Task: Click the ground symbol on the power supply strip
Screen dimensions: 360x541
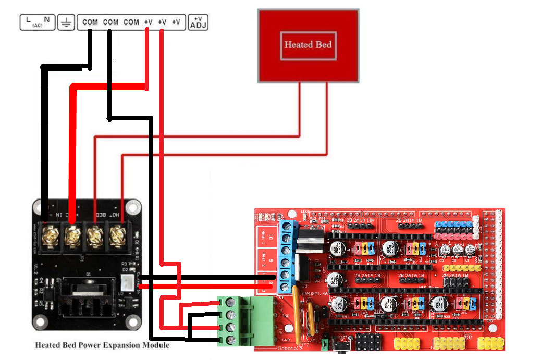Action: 66,22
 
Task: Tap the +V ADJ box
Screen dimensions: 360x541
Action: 198,21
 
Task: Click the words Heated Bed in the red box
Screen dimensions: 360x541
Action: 308,45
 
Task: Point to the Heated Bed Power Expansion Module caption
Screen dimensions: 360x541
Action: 102,345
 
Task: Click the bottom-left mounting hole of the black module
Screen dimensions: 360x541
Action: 42,322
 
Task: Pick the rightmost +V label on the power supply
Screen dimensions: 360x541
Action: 176,22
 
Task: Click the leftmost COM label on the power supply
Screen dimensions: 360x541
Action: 90,22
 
